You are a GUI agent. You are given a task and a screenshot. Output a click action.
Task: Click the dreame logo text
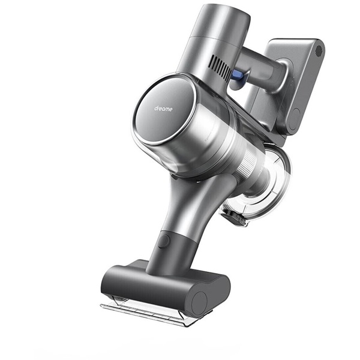163,109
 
